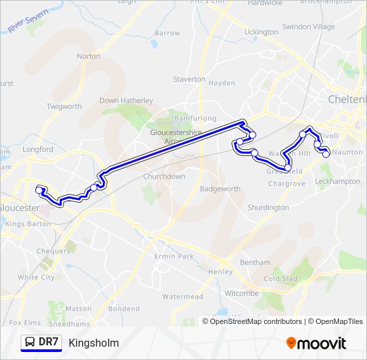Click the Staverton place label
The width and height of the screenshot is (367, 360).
(x=190, y=79)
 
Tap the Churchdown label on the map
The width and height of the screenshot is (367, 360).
(x=164, y=177)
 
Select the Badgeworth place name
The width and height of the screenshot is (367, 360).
(x=220, y=189)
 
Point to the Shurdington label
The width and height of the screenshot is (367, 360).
(x=268, y=208)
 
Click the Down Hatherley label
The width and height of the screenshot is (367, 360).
(x=126, y=101)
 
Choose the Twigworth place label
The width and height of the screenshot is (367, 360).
(x=64, y=107)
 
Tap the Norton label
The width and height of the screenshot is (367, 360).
(x=89, y=57)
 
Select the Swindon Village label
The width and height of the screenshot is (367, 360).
(x=308, y=27)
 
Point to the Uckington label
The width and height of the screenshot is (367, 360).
(x=261, y=32)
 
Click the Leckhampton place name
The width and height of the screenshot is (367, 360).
(x=338, y=181)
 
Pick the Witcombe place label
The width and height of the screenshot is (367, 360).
(x=242, y=293)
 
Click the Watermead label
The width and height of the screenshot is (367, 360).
(x=182, y=296)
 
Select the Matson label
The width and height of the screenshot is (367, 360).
(x=79, y=309)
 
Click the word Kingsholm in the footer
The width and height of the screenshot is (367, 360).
(x=93, y=343)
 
